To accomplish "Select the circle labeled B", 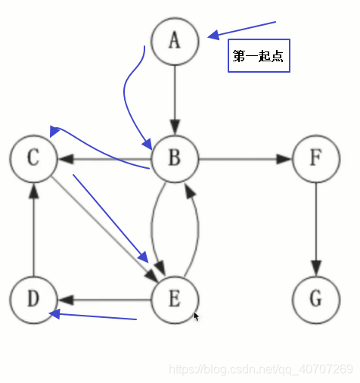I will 175,159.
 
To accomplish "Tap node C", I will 33,159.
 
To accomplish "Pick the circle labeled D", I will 33,299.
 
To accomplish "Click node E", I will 175,299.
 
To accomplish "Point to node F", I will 315,159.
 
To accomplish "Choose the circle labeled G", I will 315,299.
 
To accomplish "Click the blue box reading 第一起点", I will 259,57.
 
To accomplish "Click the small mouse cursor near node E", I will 196,316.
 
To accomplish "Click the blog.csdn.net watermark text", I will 261,369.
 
